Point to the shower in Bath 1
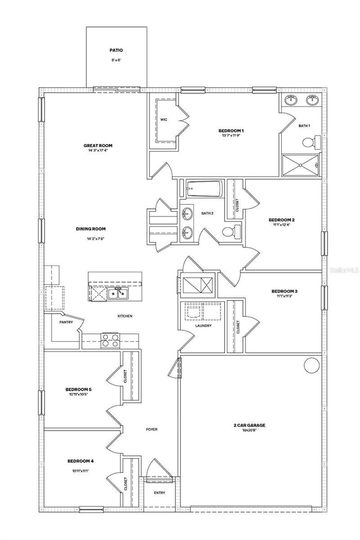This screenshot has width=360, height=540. [301, 164]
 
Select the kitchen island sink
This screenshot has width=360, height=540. [117, 292]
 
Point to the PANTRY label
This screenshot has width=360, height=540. [67, 321]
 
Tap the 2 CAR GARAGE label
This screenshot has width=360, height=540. [249, 425]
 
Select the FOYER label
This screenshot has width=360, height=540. [153, 429]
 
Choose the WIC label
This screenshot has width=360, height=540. [163, 119]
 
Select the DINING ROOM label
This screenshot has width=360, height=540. [91, 229]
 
